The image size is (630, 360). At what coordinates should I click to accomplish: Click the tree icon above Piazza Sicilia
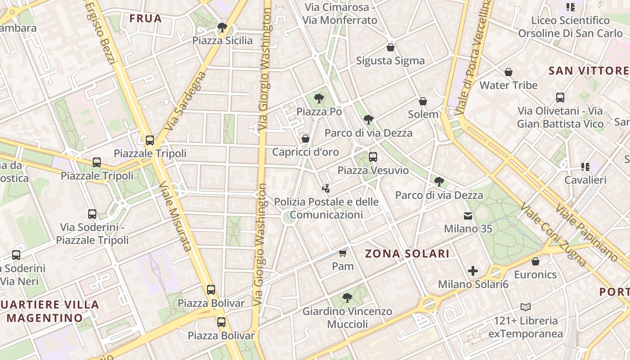(222, 27)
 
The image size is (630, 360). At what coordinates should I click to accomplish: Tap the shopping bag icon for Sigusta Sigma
(390, 47)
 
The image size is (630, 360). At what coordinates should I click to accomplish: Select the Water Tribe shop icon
(508, 72)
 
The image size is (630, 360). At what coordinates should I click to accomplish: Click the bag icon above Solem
(423, 101)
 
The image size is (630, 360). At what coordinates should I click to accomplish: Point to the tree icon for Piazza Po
(319, 98)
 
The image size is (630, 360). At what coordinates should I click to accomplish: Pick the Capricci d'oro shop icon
(306, 139)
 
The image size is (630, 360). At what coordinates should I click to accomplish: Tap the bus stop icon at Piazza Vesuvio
(373, 157)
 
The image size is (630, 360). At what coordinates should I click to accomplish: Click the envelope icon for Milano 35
(468, 216)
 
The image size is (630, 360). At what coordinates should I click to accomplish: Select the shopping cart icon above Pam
(343, 253)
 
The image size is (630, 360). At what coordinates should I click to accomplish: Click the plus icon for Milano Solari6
(472, 271)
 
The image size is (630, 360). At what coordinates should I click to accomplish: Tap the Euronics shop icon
(535, 261)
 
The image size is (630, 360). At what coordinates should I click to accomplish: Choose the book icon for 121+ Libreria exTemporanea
(526, 307)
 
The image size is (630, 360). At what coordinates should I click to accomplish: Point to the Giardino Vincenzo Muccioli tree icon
(347, 297)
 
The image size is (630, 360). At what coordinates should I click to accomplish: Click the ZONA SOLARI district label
(407, 254)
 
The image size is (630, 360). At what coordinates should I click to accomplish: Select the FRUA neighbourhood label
(145, 18)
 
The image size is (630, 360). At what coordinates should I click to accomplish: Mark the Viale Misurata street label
(176, 216)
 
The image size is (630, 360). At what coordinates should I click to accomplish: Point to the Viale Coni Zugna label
(554, 234)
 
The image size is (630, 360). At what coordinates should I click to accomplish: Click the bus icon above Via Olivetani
(560, 98)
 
